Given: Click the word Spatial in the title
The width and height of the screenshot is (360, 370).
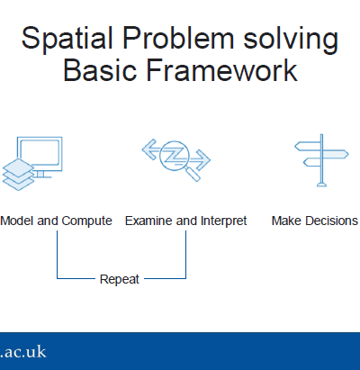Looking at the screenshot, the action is [67, 39].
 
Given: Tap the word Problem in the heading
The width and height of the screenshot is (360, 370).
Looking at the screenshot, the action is [178, 38].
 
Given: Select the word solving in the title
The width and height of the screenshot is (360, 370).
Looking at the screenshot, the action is [291, 40].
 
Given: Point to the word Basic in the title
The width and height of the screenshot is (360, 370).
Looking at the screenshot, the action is [100, 70].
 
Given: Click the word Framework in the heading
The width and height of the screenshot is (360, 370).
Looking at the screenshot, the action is [222, 70].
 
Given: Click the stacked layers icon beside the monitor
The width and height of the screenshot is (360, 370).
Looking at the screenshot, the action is [18, 175].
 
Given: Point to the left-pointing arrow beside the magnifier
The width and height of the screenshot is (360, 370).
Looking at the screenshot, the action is [152, 149].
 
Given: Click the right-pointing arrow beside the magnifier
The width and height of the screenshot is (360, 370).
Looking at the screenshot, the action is [201, 160].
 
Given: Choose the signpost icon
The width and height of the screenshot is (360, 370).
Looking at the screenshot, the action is [321, 160].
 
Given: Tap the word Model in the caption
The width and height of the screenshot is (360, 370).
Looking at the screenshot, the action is [17, 221].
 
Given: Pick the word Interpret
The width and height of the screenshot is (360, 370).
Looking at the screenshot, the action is [223, 221].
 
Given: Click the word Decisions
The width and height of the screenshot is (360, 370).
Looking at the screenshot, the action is [332, 221].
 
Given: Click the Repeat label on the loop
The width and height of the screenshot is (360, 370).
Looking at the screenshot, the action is [120, 280].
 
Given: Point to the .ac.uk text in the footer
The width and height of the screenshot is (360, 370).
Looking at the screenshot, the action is [23, 352].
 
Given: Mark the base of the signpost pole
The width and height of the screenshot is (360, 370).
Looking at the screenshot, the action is [321, 185].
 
